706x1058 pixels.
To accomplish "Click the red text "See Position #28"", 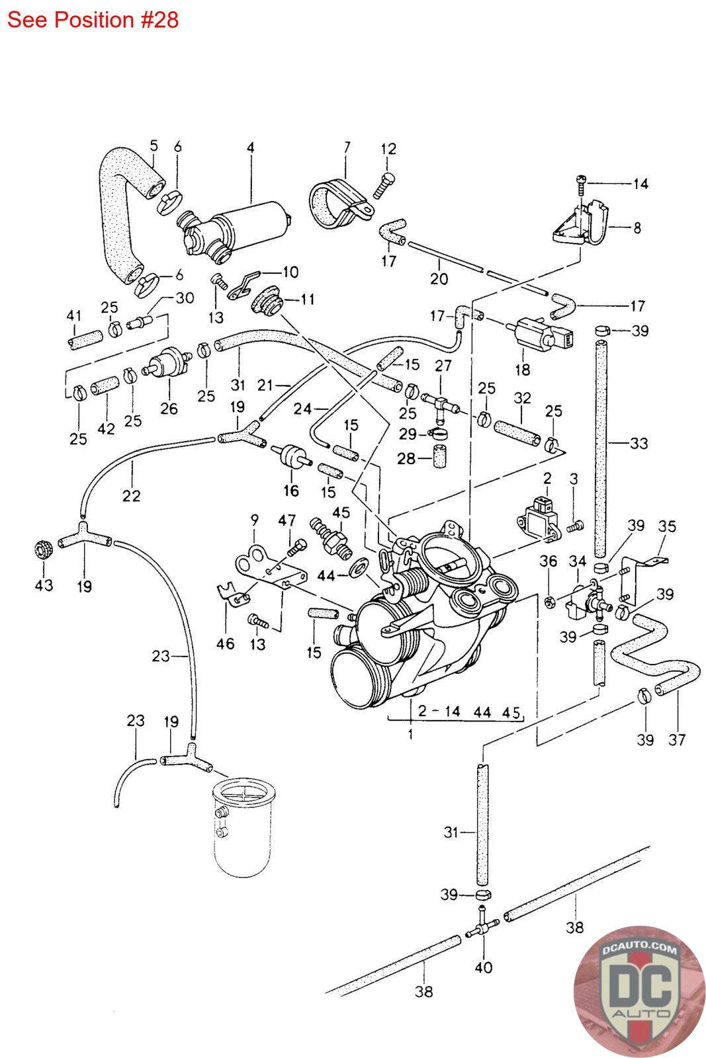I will (93, 19).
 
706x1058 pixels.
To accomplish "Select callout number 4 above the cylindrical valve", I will (251, 147).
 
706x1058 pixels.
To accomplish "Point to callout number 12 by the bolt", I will (388, 149).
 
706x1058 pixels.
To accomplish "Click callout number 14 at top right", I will (640, 184).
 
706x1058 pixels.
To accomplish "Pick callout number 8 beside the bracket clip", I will (637, 228).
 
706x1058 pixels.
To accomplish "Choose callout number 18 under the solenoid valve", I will (522, 369).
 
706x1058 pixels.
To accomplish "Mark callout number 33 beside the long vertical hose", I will (639, 443).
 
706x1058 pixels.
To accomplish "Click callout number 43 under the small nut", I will (44, 585).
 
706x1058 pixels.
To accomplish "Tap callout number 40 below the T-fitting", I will (484, 968).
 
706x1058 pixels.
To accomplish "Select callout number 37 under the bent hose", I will (677, 739).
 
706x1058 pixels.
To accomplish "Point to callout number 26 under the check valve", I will (169, 408).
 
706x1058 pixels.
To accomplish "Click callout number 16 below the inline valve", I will (291, 490).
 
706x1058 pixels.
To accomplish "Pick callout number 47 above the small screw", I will (287, 520).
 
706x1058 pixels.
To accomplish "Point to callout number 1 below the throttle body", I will (410, 733).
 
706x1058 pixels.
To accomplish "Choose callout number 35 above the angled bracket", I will (667, 526).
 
